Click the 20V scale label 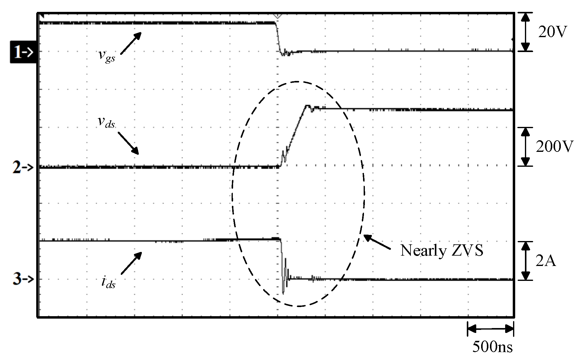pyautogui.click(x=553, y=32)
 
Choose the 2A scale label pyautogui.click(x=546, y=261)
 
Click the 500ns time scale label pyautogui.click(x=492, y=347)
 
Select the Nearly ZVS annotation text pyautogui.click(x=442, y=251)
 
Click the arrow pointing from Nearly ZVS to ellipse pyautogui.click(x=377, y=242)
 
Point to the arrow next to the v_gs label pyautogui.click(x=131, y=43)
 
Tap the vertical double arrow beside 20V pyautogui.click(x=524, y=32)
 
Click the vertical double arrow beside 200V pyautogui.click(x=525, y=147)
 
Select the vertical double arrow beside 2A pyautogui.click(x=525, y=261)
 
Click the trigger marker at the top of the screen pyautogui.click(x=277, y=16)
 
